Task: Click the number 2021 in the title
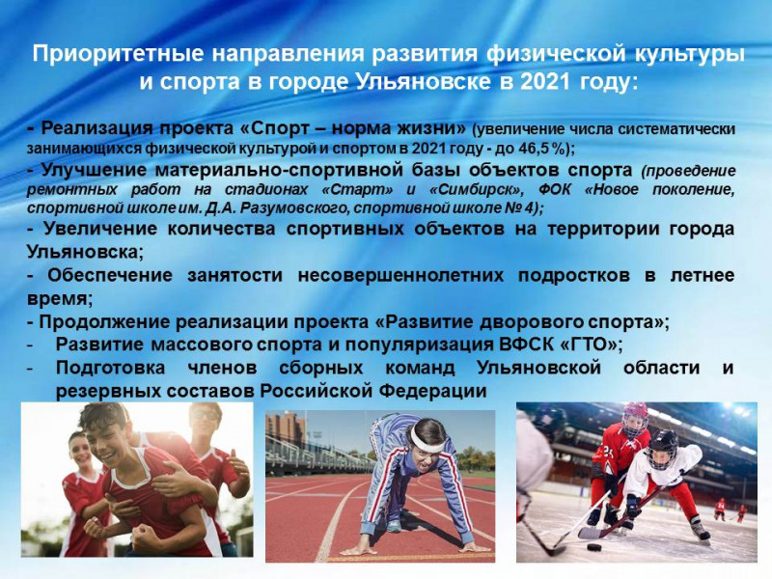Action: [x=545, y=81]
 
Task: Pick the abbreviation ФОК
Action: [x=553, y=189]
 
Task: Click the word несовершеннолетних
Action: [x=400, y=275]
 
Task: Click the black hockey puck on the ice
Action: [x=594, y=547]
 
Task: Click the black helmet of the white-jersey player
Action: [x=663, y=443]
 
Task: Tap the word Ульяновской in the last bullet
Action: [x=539, y=368]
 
